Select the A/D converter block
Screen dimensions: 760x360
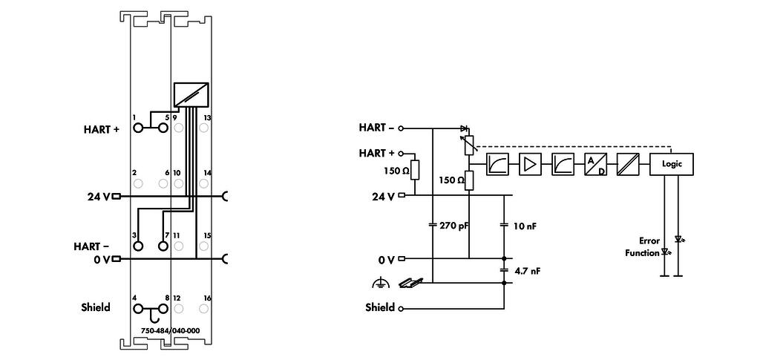coord(595,164)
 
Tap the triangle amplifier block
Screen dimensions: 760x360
coord(530,164)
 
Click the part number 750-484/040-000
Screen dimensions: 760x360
coord(170,330)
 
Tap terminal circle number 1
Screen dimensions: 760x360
coord(138,128)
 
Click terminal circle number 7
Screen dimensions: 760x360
coord(163,246)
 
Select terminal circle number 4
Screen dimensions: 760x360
coord(138,308)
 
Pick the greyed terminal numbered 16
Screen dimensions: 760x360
coord(203,308)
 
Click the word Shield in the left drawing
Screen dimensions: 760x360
coord(96,307)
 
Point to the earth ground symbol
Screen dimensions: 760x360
coord(381,283)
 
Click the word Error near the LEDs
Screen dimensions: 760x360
coord(649,240)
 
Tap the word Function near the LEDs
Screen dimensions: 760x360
coord(642,252)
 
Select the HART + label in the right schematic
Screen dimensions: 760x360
coord(376,153)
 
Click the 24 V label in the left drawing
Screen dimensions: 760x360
coord(99,197)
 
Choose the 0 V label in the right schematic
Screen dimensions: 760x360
coord(386,261)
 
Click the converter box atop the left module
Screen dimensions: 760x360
coord(191,94)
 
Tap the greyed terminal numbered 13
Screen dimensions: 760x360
coord(203,128)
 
